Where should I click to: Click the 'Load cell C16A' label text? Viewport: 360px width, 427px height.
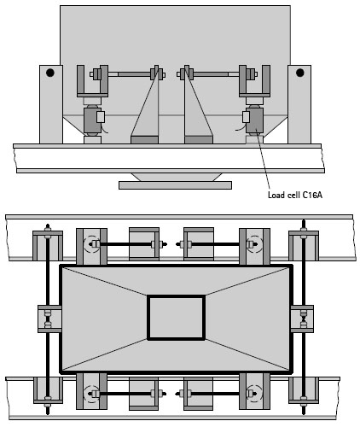[x=295, y=195]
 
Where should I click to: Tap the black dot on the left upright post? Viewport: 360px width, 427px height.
[x=50, y=73]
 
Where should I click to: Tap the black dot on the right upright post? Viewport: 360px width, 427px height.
[x=299, y=73]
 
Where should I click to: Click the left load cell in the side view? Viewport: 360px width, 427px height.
[x=92, y=120]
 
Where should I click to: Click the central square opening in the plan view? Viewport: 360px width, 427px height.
[x=176, y=318]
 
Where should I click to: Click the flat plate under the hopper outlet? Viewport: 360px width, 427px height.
[x=175, y=185]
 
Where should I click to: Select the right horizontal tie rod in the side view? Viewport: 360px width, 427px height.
[x=218, y=74]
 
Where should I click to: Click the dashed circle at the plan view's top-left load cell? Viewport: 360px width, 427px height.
[x=91, y=244]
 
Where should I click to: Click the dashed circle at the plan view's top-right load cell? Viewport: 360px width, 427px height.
[x=254, y=244]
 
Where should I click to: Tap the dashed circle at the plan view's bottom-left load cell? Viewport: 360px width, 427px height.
[x=91, y=394]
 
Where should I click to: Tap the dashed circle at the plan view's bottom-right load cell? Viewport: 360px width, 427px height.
[x=254, y=394]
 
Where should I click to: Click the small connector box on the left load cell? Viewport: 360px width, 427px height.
[x=101, y=117]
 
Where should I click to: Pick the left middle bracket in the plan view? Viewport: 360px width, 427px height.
[x=49, y=319]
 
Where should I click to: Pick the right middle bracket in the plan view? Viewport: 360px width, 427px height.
[x=302, y=319]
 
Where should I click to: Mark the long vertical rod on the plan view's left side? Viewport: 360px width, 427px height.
[x=48, y=319]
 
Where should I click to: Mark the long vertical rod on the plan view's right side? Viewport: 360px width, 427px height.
[x=304, y=317]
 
